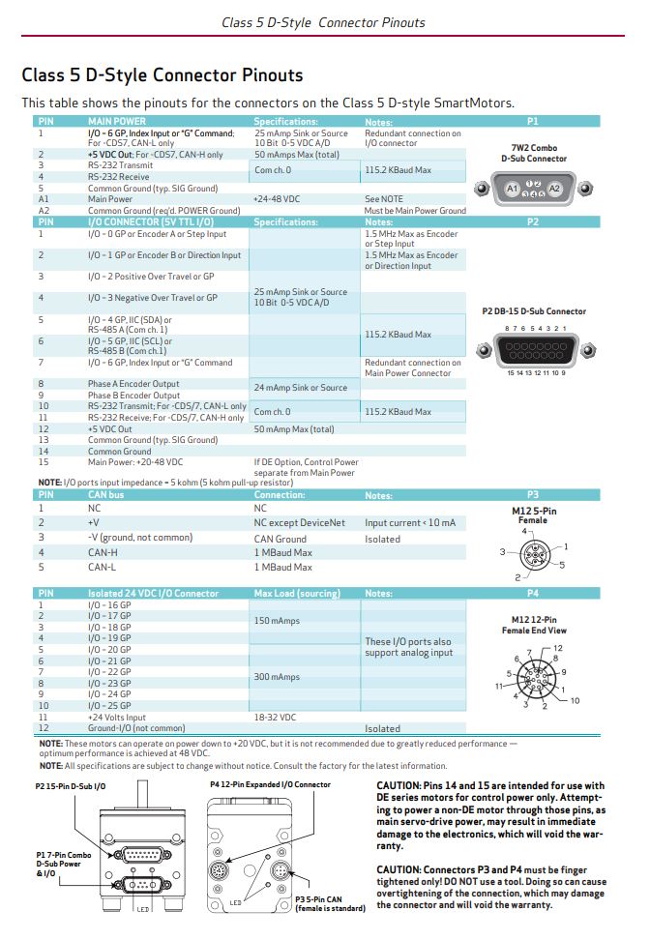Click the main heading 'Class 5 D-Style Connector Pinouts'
click(x=162, y=74)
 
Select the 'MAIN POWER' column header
click(x=117, y=122)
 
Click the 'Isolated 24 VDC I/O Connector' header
click(x=153, y=593)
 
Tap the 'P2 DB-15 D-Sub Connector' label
click(x=533, y=311)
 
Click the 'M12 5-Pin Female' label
click(x=533, y=514)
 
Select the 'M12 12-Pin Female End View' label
click(x=533, y=624)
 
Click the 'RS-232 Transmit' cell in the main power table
click(x=120, y=165)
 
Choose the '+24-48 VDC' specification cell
click(x=275, y=199)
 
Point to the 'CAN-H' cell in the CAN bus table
click(x=103, y=552)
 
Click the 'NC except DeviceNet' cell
click(x=299, y=522)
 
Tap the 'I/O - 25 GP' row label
click(x=109, y=705)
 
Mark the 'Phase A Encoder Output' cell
click(x=133, y=384)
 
